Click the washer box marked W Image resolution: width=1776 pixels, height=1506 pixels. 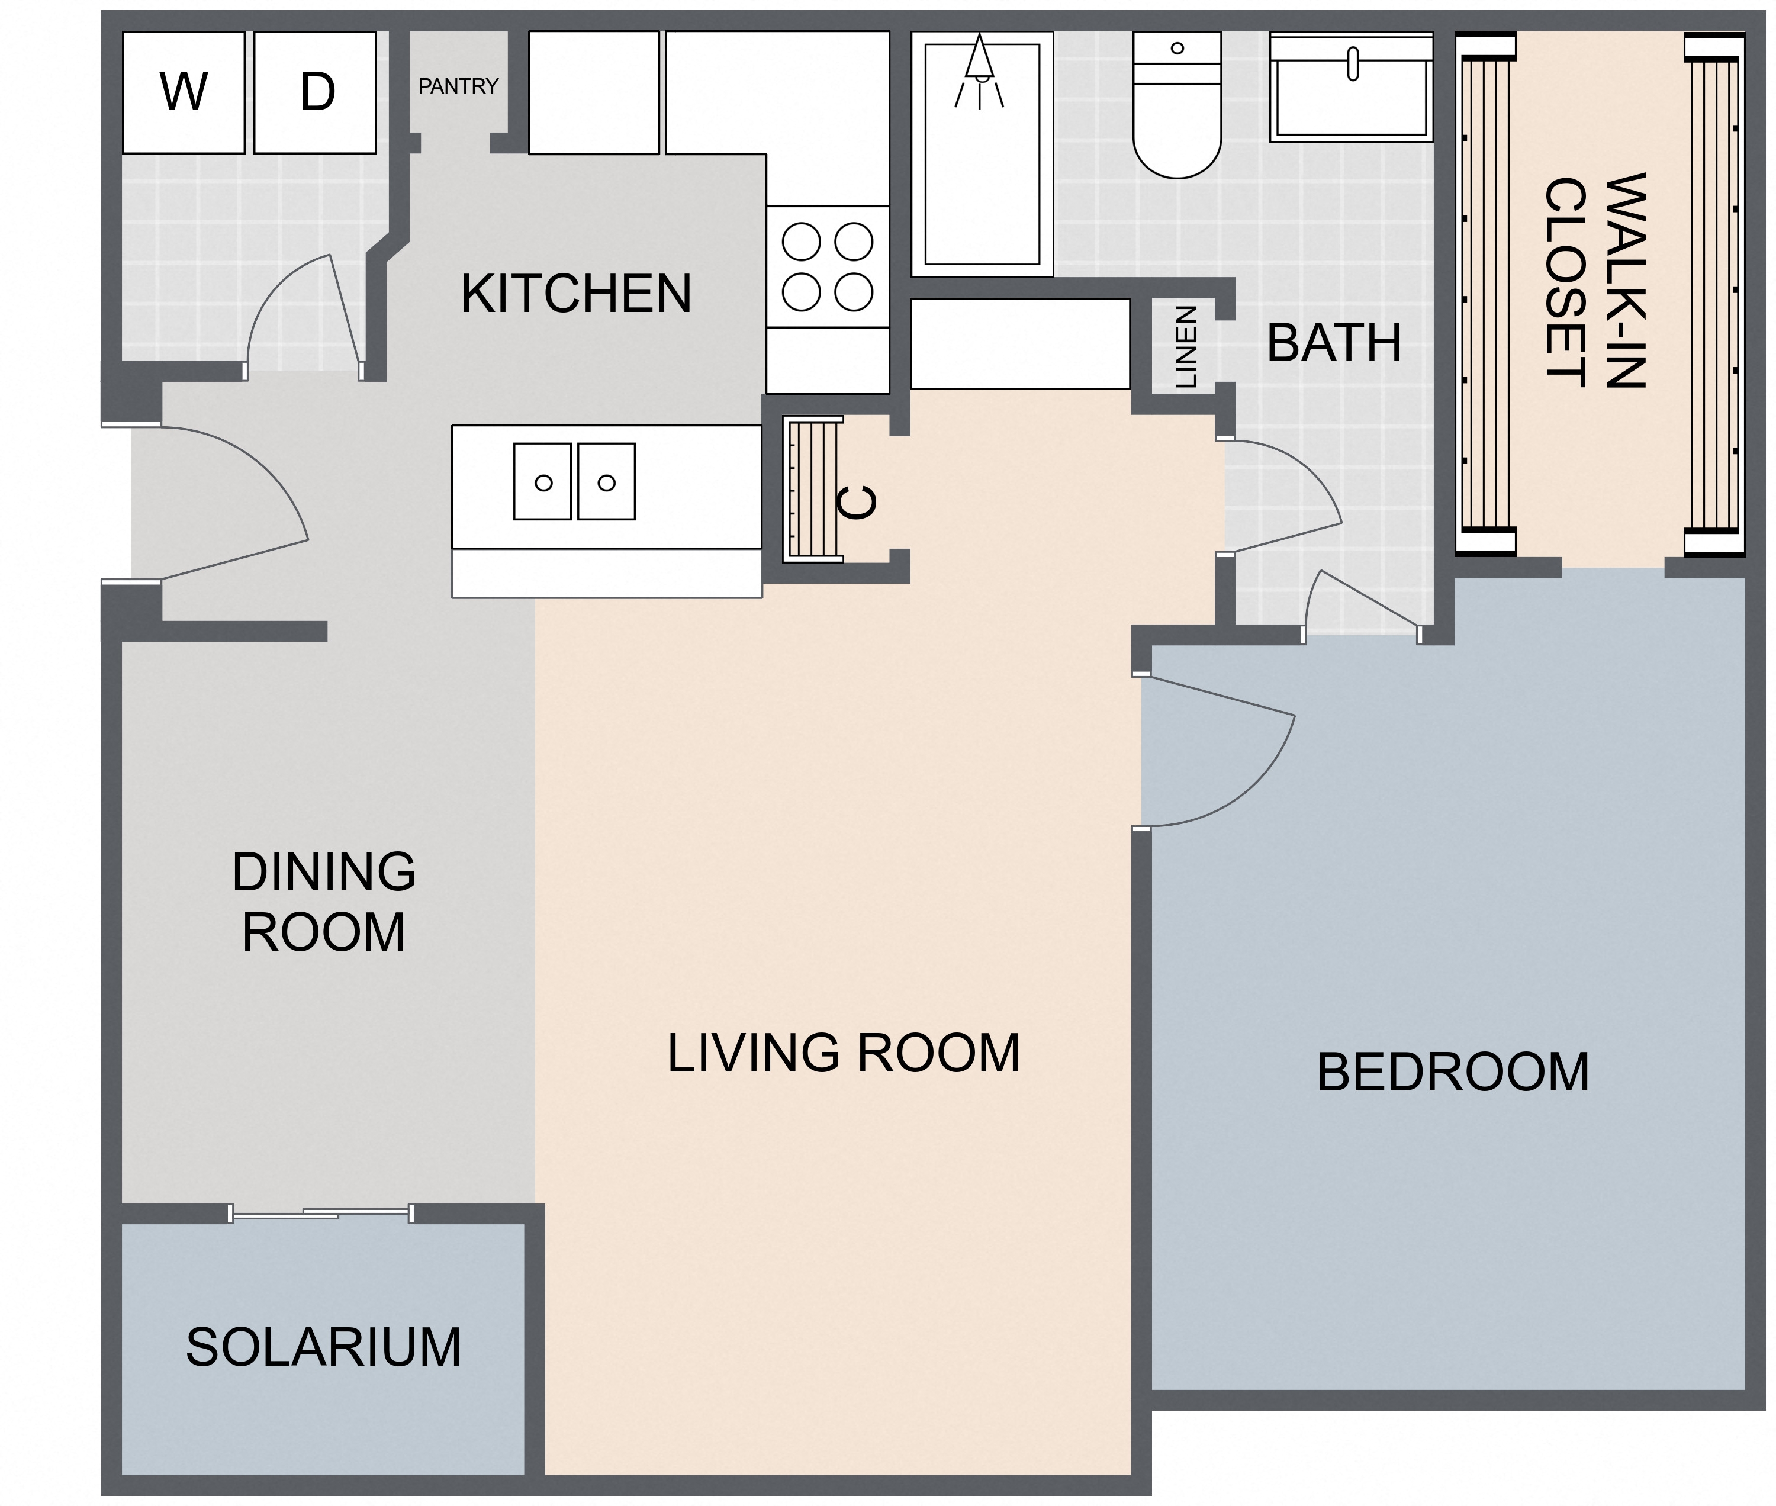pos(183,92)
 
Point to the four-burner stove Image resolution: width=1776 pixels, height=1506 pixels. pos(826,266)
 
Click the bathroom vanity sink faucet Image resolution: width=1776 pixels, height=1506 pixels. pos(1352,64)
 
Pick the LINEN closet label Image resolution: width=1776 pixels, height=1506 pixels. pos(1186,347)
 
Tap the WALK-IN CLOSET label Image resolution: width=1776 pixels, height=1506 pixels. pos(1594,282)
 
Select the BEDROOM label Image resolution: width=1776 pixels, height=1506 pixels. pos(1452,1072)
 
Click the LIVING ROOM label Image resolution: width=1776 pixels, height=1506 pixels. pos(843,1053)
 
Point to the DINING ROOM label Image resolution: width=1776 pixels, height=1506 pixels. pos(324,902)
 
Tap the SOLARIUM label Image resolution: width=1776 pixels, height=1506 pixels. pos(323,1347)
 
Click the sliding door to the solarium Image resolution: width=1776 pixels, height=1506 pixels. pos(321,1213)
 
